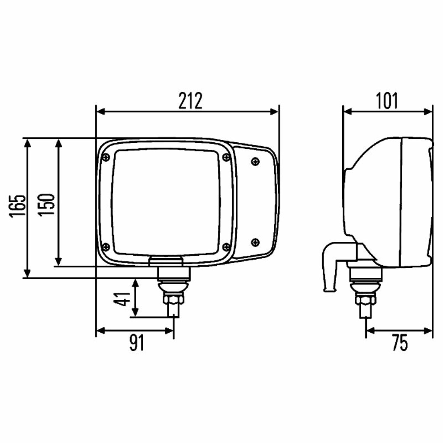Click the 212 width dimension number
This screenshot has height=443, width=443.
[190, 101]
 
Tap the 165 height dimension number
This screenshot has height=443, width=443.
[17, 206]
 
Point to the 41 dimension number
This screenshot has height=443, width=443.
[122, 299]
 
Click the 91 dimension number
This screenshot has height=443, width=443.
[137, 343]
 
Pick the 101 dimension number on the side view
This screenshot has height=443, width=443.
[387, 101]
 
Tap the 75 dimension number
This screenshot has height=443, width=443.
[400, 343]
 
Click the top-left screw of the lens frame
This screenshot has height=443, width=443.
[106, 157]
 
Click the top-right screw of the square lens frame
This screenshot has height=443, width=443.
[226, 157]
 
